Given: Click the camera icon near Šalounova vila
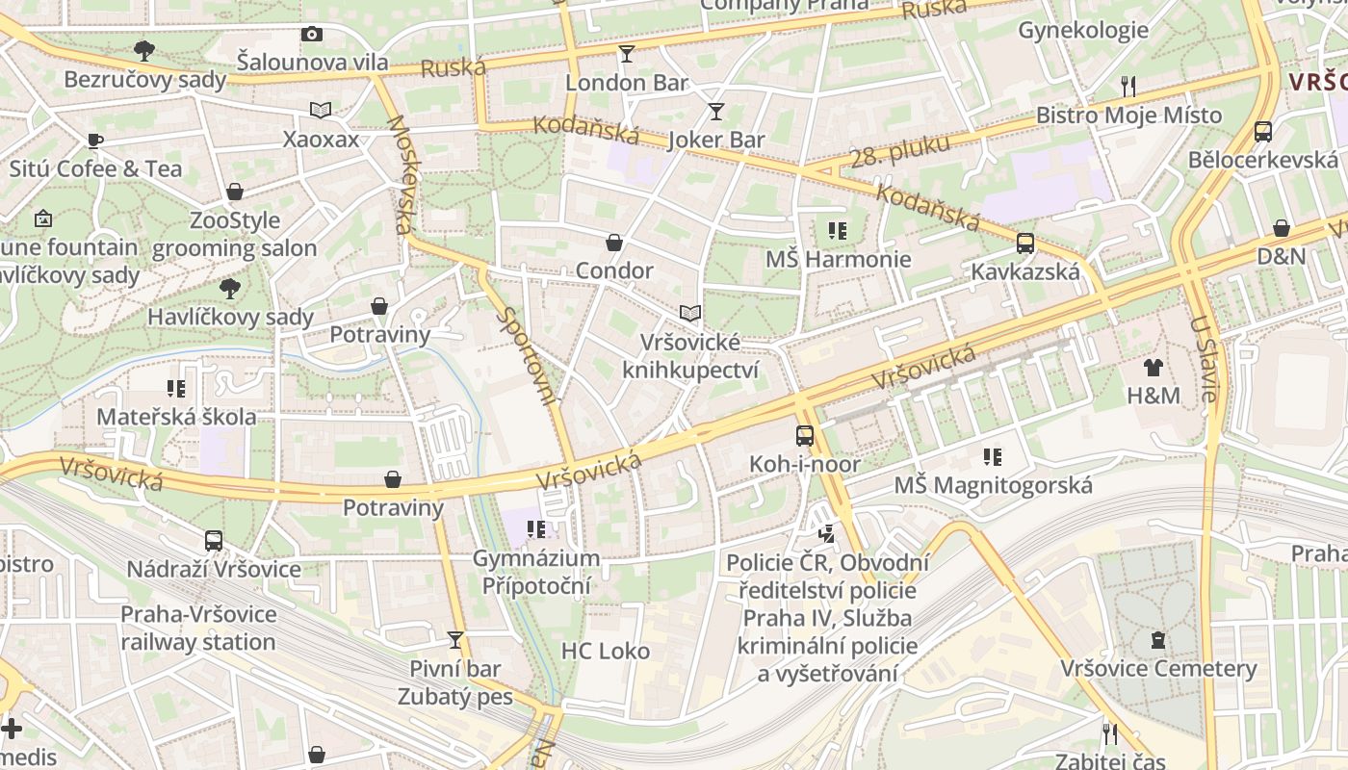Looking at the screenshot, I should point(311,35).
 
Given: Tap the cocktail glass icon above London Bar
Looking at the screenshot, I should point(627,54).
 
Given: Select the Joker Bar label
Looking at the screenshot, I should point(716,140).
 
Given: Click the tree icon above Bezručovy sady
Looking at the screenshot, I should point(144,50).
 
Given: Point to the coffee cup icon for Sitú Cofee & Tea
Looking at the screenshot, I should point(95,141).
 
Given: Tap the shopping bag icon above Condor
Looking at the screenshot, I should point(614,243).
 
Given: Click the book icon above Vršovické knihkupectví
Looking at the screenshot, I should point(689,313).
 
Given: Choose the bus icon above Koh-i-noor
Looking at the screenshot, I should point(805,436).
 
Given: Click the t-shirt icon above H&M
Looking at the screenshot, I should point(1154,367).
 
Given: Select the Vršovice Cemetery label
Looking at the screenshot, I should point(1158,668).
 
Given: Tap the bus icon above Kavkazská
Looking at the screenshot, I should point(1025,244).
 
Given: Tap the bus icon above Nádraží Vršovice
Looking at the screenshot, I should point(214,541).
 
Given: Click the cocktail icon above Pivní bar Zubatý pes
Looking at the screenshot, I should point(455,640).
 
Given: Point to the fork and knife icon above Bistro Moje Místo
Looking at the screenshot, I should point(1128,87).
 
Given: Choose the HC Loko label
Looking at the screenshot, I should point(606,652).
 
